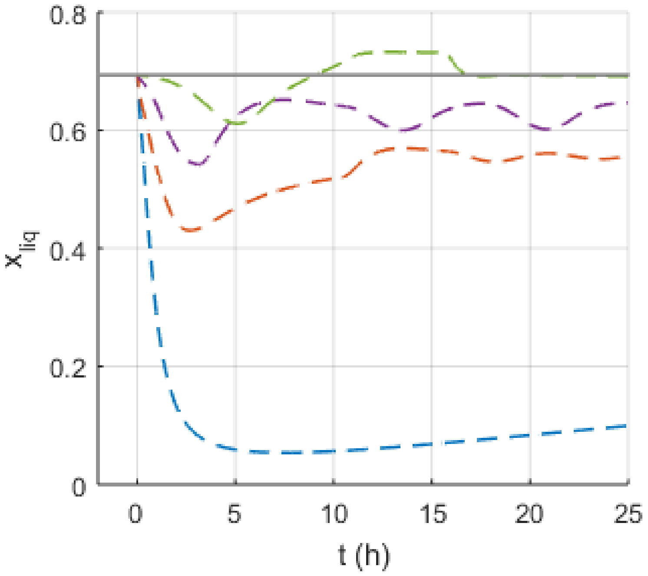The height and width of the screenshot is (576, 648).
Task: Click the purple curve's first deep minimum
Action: [199, 164]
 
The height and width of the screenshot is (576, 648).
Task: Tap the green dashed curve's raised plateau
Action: [402, 52]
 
